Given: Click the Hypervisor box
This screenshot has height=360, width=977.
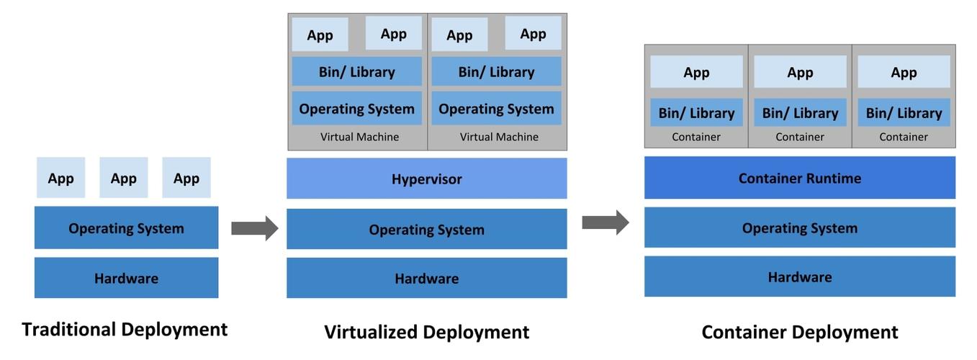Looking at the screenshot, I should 426,179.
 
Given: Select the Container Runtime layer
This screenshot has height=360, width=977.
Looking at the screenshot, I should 799,178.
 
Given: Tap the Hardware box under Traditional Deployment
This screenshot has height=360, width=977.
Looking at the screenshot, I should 126,278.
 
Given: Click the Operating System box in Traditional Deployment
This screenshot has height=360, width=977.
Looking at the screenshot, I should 126,228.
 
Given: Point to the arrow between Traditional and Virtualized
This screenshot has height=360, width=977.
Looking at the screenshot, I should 254,228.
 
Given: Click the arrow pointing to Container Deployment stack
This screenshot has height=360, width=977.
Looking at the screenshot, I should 605,222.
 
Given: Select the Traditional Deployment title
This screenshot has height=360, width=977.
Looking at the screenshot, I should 125,330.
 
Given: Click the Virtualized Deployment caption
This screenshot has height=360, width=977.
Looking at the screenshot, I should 426,332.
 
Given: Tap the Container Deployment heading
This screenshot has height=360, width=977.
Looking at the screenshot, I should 799,332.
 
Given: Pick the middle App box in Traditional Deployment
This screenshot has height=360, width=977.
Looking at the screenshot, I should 123,178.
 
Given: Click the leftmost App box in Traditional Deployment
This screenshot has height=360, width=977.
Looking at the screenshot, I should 60,178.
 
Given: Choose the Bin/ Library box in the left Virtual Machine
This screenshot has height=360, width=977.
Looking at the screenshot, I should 356,72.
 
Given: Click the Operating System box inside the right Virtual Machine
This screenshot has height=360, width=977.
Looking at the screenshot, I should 496,109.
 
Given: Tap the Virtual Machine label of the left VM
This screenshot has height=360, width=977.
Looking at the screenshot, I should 359,137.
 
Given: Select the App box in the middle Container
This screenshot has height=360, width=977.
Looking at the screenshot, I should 800,72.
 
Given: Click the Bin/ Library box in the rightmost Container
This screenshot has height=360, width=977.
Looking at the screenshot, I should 904,113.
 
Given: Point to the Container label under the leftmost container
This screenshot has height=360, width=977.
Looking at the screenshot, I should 696,137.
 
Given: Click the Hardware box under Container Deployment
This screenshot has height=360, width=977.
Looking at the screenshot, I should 799,276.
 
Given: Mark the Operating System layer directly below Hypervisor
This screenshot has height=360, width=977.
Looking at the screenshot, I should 426,230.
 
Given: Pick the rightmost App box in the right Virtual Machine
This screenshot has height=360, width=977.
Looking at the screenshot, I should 533,34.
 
